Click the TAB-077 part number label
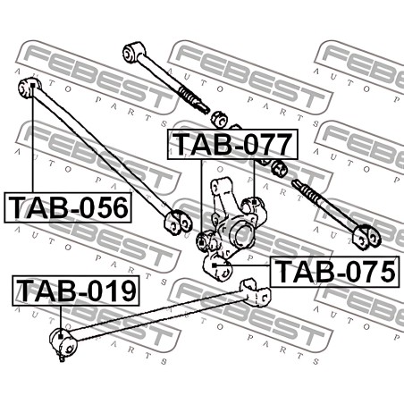232,144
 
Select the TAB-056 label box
68,207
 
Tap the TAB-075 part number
334,272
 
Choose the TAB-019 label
76,290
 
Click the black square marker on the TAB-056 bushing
33,86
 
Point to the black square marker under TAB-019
61,336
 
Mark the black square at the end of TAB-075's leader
214,265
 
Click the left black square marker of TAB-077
201,243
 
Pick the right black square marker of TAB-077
254,202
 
